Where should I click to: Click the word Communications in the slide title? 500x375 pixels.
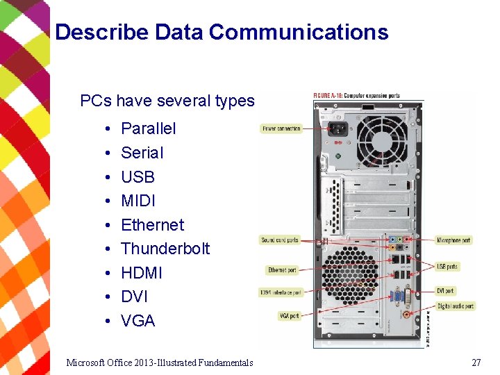298,32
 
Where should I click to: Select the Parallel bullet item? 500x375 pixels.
148,128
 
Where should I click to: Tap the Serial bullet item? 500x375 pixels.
142,153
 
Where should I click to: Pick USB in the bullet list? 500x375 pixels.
137,177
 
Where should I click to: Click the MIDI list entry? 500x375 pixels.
138,201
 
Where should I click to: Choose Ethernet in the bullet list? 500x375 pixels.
152,225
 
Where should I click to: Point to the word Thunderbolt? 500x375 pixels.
165,249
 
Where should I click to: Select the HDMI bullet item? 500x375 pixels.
141,273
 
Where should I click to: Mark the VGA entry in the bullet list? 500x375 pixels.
137,321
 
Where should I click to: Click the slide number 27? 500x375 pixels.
476,362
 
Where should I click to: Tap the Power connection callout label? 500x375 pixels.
281,128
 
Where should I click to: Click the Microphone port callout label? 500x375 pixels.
453,240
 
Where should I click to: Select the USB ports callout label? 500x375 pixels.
447,267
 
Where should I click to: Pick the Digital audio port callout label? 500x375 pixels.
456,306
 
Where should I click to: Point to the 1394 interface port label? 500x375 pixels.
281,292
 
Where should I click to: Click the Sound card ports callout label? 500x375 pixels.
280,240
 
